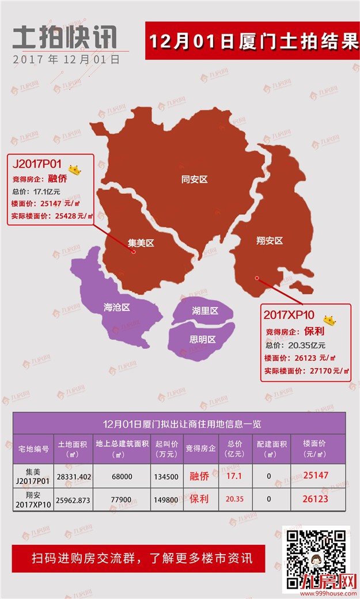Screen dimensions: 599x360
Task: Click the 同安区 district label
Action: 194,180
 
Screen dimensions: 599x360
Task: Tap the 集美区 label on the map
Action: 141,243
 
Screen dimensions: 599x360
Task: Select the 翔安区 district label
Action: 270,241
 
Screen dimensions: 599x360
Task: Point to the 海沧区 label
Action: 117,308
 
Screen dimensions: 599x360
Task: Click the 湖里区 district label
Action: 205,311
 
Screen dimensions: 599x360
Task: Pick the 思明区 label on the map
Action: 203,340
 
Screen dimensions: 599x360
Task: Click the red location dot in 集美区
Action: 133,252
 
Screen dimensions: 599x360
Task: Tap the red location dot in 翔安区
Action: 257,278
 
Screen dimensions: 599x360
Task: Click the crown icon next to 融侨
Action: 75,170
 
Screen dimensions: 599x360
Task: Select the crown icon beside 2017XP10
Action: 329,319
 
